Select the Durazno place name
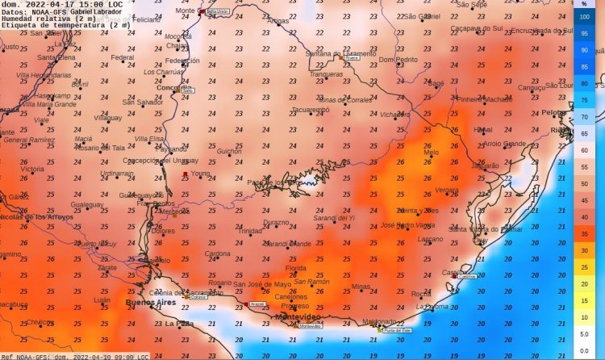pyautogui.click(x=276, y=222)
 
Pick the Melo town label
pyautogui.click(x=432, y=152)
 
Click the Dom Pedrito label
pyautogui.click(x=398, y=60)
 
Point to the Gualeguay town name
pyautogui.click(x=87, y=205)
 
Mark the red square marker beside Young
pyautogui.click(x=185, y=174)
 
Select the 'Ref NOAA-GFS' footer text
pyautogui.click(x=24, y=356)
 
